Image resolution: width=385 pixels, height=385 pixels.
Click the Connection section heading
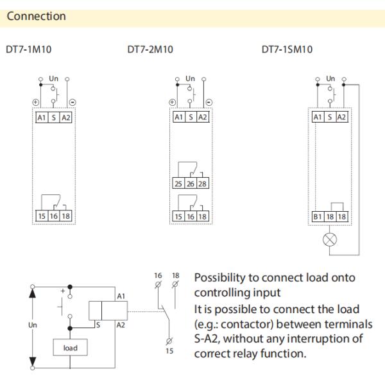coord(36,16)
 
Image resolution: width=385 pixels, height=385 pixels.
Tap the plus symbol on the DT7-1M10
coord(36,103)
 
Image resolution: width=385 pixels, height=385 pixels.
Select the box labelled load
coord(70,348)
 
